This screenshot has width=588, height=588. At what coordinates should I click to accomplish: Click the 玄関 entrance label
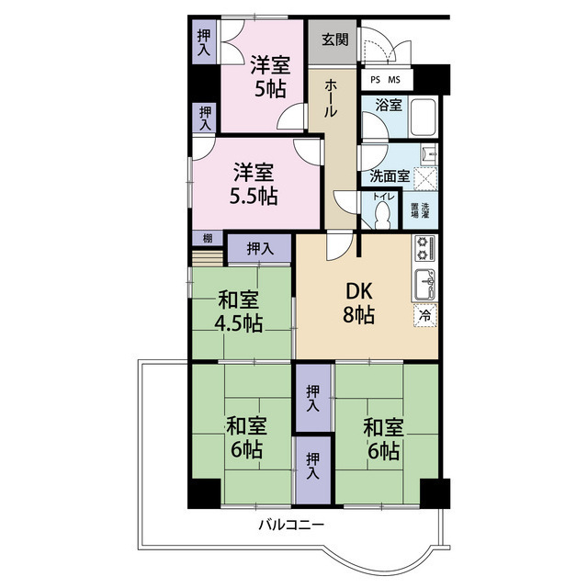pyautogui.click(x=335, y=40)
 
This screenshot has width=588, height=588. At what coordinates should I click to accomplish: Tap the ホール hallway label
pyautogui.click(x=331, y=98)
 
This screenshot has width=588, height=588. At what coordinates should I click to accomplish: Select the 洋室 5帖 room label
pyautogui.click(x=270, y=76)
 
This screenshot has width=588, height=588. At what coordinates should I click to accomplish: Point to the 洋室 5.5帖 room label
pyautogui.click(x=254, y=184)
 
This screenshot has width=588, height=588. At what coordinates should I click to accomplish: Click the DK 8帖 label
pyautogui.click(x=359, y=303)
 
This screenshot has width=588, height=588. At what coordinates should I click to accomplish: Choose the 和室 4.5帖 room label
pyautogui.click(x=239, y=312)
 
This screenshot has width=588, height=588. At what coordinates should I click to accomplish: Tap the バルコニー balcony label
pyautogui.click(x=291, y=525)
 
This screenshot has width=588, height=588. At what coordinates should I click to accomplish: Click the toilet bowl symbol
pyautogui.click(x=382, y=215)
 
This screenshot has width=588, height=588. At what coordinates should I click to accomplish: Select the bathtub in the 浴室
pyautogui.click(x=424, y=117)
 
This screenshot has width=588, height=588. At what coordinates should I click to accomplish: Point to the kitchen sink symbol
pyautogui.click(x=424, y=284)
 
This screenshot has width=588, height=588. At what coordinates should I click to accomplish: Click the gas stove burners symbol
pyautogui.click(x=424, y=248)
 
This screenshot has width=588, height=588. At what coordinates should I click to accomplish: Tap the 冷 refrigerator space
pyautogui.click(x=425, y=316)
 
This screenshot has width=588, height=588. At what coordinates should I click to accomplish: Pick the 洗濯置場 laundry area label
pyautogui.click(x=420, y=210)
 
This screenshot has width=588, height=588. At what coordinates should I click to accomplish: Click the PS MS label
pyautogui.click(x=386, y=80)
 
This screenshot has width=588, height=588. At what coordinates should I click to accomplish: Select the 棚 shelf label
pyautogui.click(x=208, y=238)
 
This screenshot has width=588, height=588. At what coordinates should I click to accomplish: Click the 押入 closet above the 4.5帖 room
pyautogui.click(x=260, y=248)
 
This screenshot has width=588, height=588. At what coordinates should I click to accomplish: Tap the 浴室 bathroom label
pyautogui.click(x=389, y=106)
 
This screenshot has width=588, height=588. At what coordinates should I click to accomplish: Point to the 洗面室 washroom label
pyautogui.click(x=390, y=176)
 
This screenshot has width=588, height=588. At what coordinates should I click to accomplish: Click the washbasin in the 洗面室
pyautogui.click(x=429, y=154)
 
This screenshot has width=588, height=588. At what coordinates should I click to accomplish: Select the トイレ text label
pyautogui.click(x=383, y=197)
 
